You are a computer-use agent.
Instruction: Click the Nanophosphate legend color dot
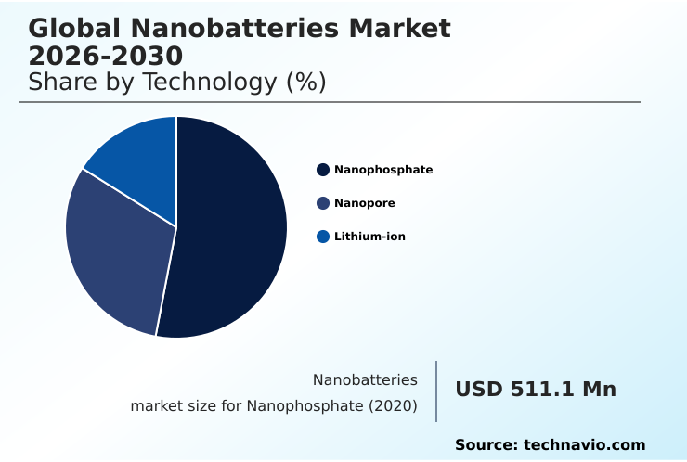pos(323,170)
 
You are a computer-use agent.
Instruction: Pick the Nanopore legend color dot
pos(323,203)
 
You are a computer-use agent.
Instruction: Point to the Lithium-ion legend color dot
pos(323,237)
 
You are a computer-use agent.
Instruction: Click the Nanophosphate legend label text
pos(383,170)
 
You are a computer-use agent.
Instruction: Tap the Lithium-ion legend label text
pos(369,237)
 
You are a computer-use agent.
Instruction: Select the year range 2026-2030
pos(106,56)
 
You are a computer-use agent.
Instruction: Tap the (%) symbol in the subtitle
pos(305,83)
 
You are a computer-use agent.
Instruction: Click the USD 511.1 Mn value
pos(536,390)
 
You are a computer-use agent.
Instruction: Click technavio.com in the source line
pos(585,445)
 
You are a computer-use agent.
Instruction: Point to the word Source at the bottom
pos(486,445)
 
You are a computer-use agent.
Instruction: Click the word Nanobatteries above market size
pos(365,380)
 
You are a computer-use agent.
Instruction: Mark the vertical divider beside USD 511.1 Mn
pos(436,391)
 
